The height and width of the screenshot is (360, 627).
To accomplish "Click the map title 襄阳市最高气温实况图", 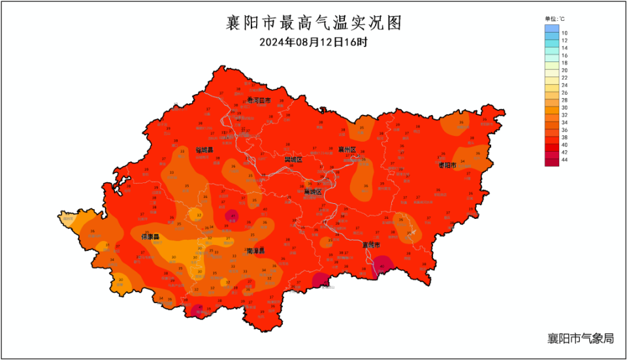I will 313,23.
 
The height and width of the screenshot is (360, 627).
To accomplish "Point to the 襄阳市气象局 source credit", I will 581,338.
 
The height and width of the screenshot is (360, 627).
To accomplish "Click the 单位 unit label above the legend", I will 555,19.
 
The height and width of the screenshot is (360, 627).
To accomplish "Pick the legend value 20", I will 565,70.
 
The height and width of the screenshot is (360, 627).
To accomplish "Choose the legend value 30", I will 565,106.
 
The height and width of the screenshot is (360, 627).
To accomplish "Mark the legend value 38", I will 565,137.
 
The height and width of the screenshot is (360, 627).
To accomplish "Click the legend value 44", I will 565,159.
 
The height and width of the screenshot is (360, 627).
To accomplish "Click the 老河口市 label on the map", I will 259,101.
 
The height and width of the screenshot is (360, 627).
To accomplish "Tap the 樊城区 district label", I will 293,159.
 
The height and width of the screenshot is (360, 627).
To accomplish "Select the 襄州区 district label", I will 347,150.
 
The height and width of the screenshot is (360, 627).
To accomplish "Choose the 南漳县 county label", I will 255,251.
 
